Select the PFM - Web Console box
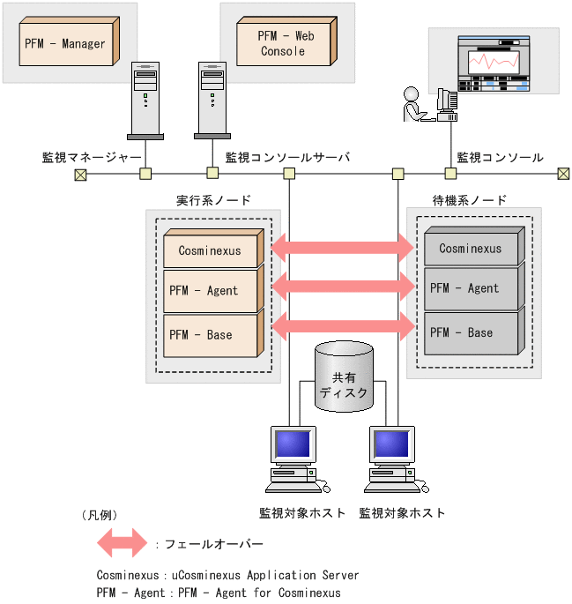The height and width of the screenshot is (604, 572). [x=286, y=42]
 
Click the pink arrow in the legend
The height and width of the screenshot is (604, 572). [x=122, y=543]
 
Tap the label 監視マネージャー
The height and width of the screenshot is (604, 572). [x=92, y=157]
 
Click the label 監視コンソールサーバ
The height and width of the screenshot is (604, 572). [x=287, y=157]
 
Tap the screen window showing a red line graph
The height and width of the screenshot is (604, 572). [x=493, y=62]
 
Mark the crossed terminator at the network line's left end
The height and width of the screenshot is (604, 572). [x=80, y=174]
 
